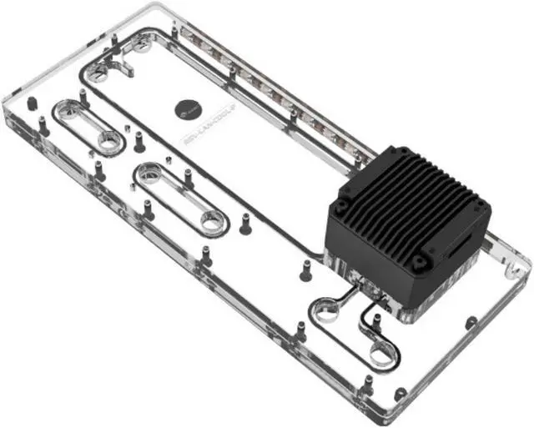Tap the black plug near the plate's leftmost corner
click(x=32, y=103)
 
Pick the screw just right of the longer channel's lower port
click(x=245, y=224)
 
